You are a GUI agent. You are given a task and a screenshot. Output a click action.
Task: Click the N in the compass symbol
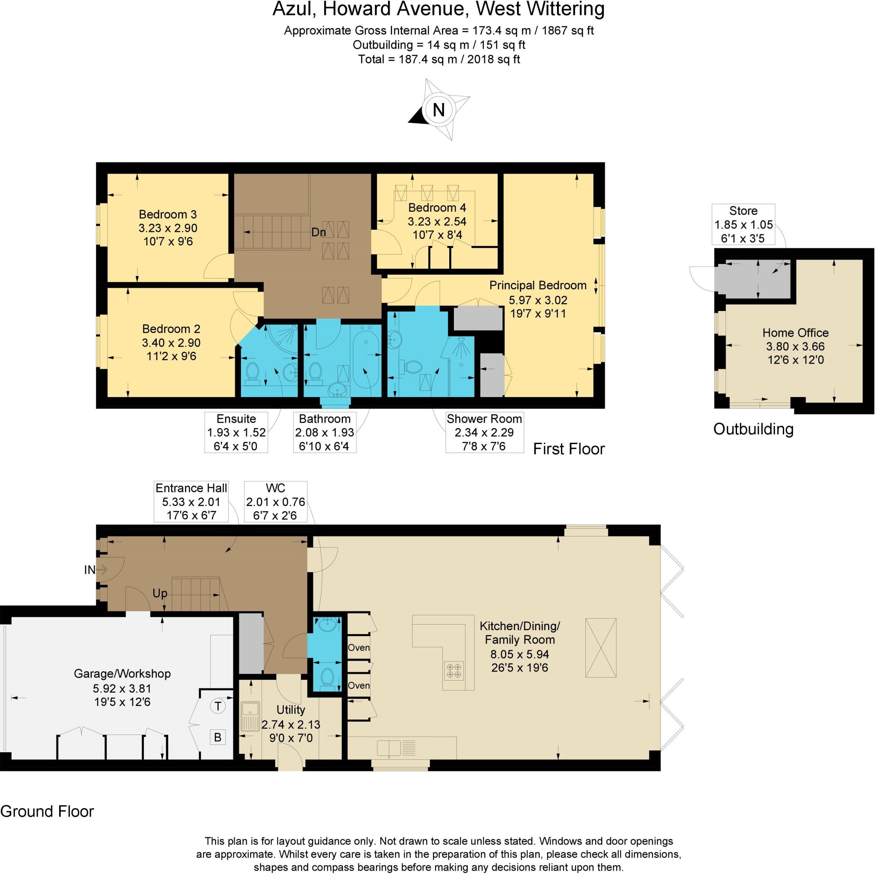438,110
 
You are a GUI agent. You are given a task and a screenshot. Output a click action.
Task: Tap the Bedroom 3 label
167,214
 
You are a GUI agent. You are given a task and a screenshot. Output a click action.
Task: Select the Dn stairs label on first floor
318,232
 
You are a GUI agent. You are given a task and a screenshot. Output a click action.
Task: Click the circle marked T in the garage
218,706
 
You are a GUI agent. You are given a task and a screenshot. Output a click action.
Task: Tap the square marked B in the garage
218,737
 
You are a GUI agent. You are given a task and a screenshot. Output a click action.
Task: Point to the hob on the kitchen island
454,670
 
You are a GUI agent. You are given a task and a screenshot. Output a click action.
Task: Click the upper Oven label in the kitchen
358,648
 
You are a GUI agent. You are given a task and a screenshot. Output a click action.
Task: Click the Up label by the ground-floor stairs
160,593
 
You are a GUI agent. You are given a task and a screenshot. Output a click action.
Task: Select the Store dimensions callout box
743,225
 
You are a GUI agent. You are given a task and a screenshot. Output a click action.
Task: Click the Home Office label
795,332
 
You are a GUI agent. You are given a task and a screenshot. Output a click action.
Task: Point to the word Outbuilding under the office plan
753,429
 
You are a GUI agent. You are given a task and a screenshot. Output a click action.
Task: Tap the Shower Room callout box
484,432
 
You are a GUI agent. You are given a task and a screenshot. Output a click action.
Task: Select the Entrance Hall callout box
191,502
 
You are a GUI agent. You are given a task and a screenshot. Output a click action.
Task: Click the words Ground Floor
47,812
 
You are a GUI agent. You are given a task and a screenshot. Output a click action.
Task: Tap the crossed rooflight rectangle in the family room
600,648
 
